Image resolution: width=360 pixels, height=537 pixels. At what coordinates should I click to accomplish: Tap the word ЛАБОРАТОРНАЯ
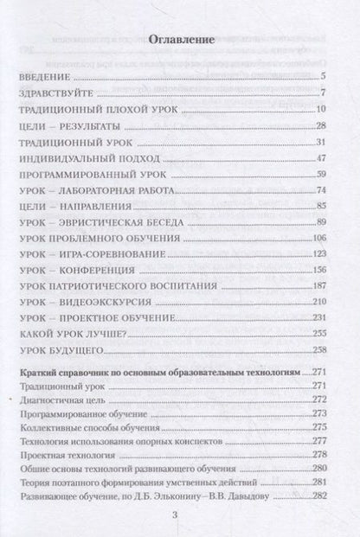114,190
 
